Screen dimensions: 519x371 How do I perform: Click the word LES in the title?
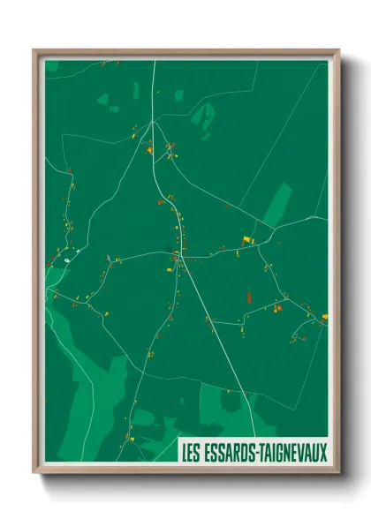tap(189, 454)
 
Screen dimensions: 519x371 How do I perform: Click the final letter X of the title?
tap(322, 454)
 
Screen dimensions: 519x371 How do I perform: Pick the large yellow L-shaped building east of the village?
tap(247, 239)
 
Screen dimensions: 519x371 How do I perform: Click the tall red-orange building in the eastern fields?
tap(249, 297)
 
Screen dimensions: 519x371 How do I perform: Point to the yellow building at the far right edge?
tap(324, 316)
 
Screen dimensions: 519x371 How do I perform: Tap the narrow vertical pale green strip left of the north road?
tap(136, 90)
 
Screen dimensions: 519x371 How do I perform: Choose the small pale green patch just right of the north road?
tap(179, 94)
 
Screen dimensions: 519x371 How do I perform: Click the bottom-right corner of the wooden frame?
tap(337, 473)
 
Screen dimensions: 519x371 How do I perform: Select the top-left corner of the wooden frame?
tap(34, 50)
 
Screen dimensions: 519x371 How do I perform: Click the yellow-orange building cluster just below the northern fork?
tap(149, 149)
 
